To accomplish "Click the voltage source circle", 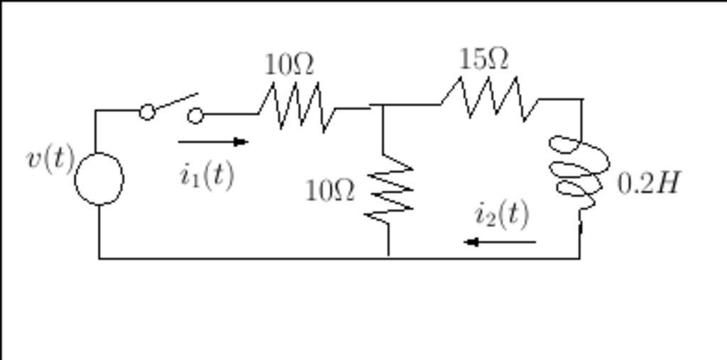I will pos(99,178).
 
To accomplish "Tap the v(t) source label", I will pos(50,158).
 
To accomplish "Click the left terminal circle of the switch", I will pos(147,111).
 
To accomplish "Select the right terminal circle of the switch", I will pos(195,115).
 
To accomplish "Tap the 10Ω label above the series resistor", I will pos(289,65).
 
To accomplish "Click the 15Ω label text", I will pos(483,59).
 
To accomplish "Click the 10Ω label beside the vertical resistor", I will pos(330,190).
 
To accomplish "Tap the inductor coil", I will pos(579,168).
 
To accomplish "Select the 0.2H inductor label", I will pos(648,183).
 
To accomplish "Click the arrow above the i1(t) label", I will pos(213,141).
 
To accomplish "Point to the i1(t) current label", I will pos(207,174).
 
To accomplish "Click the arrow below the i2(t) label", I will pos(500,242).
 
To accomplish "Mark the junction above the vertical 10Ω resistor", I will pos(383,107).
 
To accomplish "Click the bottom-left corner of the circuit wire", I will pos(99,258).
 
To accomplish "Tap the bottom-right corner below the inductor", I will pos(579,257).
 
